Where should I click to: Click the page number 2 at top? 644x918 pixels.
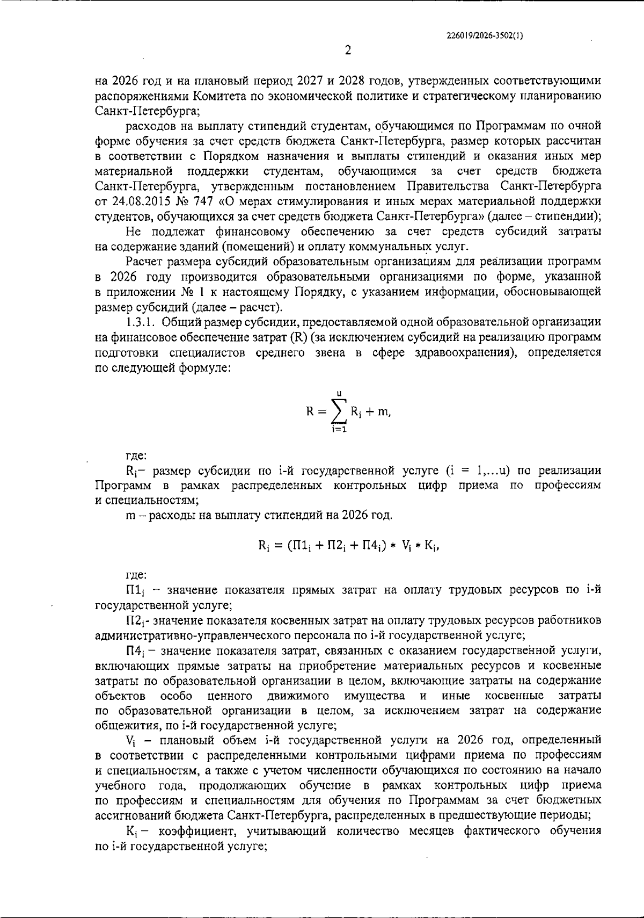pos(347,50)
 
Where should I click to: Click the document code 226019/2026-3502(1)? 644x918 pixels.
pos(485,36)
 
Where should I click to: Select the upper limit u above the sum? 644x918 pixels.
pos(339,394)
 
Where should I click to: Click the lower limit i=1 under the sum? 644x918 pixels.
pos(338,430)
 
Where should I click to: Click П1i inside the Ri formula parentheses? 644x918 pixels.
pos(299,546)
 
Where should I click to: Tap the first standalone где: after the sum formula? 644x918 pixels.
pos(136,456)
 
